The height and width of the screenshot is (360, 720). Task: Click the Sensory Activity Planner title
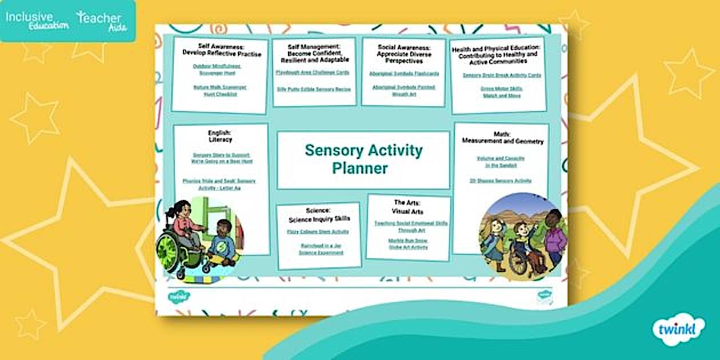click(x=363, y=159)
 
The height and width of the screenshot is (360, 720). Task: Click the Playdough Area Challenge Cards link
click(x=312, y=73)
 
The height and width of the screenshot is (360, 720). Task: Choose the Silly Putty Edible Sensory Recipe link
click(x=314, y=89)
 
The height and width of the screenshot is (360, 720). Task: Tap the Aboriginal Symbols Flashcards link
click(x=404, y=74)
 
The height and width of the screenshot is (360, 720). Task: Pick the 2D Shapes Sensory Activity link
click(x=501, y=181)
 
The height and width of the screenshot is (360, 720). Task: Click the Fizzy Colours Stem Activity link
click(x=318, y=232)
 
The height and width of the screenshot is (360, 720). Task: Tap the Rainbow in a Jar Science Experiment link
click(x=318, y=249)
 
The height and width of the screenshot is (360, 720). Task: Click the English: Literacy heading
click(x=220, y=136)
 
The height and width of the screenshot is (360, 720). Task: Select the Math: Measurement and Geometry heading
click(x=502, y=138)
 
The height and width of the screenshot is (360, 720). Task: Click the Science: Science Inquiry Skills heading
click(x=319, y=214)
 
